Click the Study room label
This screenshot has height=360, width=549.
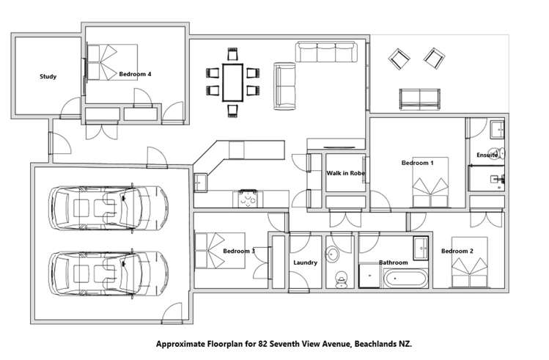click(x=48, y=76)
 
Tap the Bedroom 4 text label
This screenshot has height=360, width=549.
click(x=135, y=74)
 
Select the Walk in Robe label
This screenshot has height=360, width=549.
click(x=345, y=173)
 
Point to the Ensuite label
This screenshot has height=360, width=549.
click(x=487, y=155)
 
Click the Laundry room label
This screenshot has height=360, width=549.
click(x=304, y=262)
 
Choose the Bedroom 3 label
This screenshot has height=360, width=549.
click(x=238, y=251)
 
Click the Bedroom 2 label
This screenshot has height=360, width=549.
click(x=456, y=251)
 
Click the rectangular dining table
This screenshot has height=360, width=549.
click(x=233, y=81)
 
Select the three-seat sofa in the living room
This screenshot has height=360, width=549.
click(x=328, y=51)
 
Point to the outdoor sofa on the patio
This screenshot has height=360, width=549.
click(x=420, y=97)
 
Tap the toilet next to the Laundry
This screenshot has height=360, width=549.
click(x=340, y=279)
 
